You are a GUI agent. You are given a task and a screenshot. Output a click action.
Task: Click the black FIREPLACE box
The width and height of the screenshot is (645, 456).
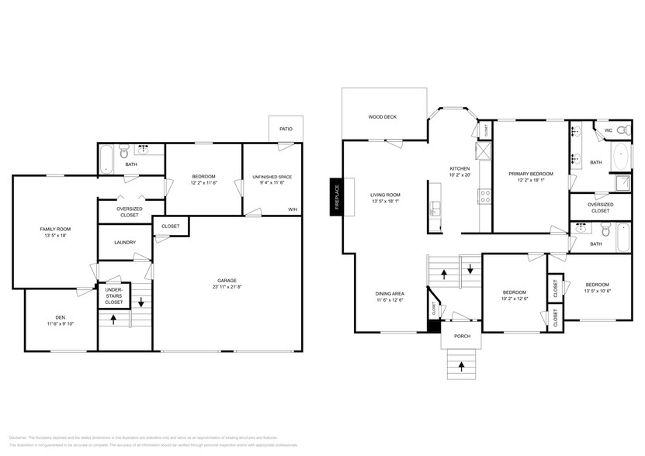click(x=336, y=198)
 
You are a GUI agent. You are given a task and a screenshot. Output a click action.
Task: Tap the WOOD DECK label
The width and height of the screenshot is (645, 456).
click(x=382, y=117)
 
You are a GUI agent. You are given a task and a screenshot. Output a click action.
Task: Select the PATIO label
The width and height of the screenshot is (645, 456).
click(x=286, y=129)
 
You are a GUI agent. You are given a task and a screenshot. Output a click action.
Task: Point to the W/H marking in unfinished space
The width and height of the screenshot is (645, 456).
click(x=293, y=209)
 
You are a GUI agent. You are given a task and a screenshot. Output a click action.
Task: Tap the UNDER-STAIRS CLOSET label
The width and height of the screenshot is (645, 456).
click(x=113, y=295)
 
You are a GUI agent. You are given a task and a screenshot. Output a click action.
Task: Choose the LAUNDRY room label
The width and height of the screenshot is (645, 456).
click(x=125, y=243)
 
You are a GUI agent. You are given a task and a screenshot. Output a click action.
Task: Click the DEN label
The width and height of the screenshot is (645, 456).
click(x=60, y=317)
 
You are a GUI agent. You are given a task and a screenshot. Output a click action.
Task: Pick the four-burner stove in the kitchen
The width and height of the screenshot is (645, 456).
click(x=485, y=195)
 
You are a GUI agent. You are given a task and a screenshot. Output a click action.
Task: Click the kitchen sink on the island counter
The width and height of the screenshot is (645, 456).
click(x=436, y=209)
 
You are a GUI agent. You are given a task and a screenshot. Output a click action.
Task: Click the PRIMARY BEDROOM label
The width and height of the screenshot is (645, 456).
click(x=531, y=174)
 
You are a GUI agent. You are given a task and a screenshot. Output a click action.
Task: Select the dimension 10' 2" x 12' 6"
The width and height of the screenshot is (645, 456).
click(x=515, y=299)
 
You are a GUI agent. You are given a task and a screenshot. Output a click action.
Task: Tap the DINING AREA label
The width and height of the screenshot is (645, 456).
click(x=390, y=293)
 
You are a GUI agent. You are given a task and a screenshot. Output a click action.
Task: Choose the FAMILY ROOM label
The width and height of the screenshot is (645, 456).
click(x=55, y=230)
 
